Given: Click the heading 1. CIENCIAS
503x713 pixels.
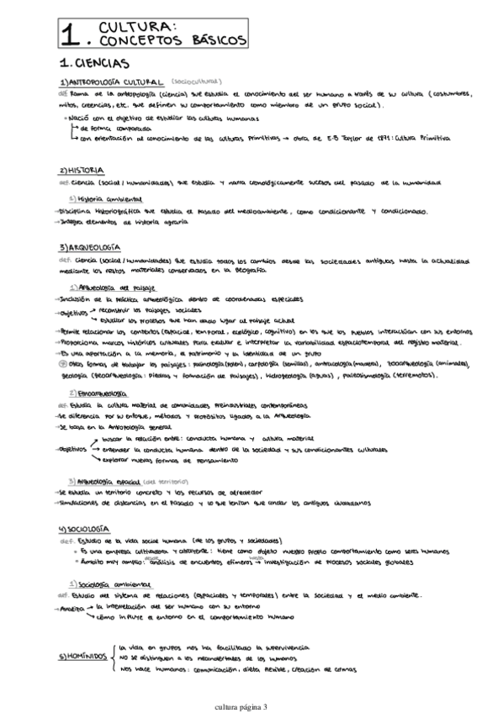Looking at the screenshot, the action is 94,63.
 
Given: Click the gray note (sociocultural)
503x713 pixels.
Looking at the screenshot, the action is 199,82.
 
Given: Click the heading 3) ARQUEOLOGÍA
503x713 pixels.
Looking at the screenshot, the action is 92,248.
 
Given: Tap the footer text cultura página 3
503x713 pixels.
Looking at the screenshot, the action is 251,706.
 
